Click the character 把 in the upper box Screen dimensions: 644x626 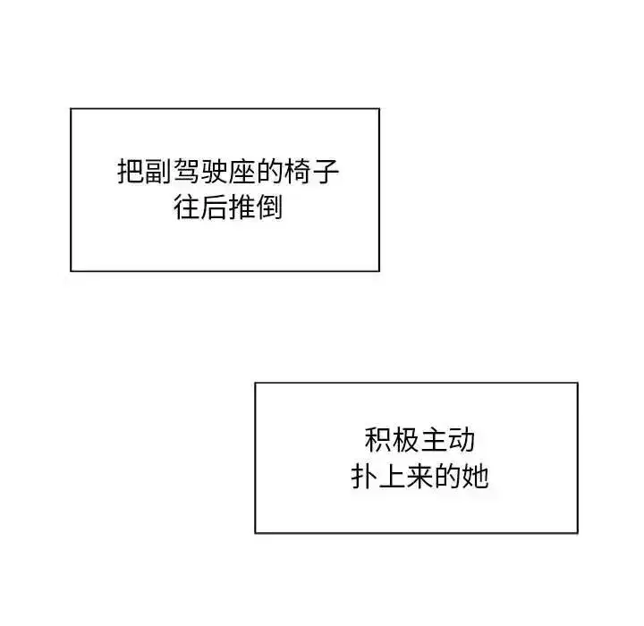131,171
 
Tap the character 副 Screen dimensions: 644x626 159,171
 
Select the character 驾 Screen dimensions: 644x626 187,171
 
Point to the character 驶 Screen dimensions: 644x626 215,171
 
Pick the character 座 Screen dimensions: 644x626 242,171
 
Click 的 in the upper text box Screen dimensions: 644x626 270,171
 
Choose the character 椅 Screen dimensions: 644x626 298,171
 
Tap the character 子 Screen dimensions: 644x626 326,171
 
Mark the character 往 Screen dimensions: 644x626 187,207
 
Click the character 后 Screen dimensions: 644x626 215,207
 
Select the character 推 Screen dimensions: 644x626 242,207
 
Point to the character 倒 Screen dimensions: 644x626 270,207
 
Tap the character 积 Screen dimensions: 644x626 378,440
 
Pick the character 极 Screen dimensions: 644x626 406,440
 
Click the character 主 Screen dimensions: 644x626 434,440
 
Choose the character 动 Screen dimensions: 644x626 462,440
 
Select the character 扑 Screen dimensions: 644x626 364,477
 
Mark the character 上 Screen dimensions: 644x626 393,477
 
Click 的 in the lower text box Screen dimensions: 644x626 448,477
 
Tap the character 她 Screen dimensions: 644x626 476,477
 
